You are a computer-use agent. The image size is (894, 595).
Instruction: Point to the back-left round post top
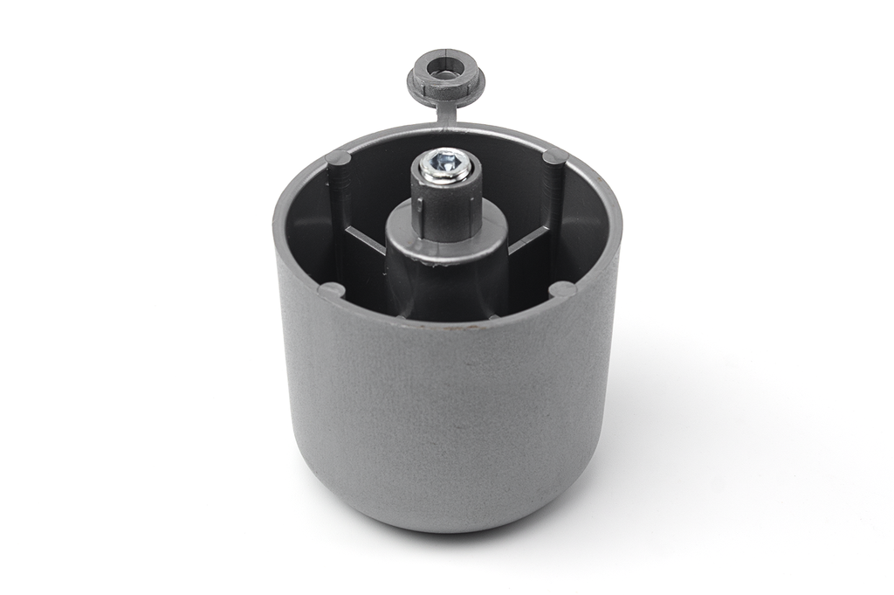click(337, 158)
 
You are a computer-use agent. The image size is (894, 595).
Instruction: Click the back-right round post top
click(554, 157)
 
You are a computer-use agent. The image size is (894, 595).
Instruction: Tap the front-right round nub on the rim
click(562, 288)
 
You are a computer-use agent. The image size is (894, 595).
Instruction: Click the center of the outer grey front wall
click(446, 411)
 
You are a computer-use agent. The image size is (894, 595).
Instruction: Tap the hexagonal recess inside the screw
click(446, 162)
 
